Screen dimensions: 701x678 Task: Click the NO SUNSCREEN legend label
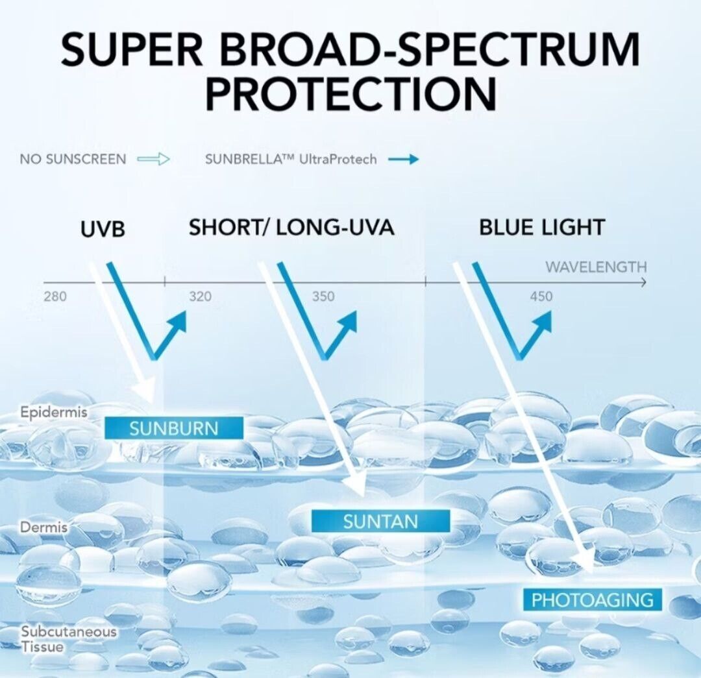pos(73,159)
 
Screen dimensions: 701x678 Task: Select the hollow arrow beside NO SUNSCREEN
pos(153,159)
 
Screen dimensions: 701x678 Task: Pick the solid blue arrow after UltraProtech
pos(403,159)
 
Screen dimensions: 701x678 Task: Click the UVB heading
pos(103,229)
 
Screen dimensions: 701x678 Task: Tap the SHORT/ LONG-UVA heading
pos(291,228)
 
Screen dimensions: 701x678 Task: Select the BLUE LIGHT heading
pos(542,228)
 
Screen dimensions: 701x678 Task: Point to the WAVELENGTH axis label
pos(596,267)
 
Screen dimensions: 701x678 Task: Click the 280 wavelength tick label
pos(55,297)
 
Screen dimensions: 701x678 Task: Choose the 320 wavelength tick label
pos(200,297)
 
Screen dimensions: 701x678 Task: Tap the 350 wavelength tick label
pos(323,297)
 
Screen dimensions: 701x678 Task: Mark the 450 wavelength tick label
pos(541,297)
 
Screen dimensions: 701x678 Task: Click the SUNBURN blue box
pos(174,428)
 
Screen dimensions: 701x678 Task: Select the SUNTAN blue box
pos(380,521)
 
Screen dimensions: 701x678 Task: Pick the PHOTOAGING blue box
pos(592,599)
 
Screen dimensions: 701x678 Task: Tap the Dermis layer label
pos(44,527)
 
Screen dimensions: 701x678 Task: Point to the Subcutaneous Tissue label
pos(68,638)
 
